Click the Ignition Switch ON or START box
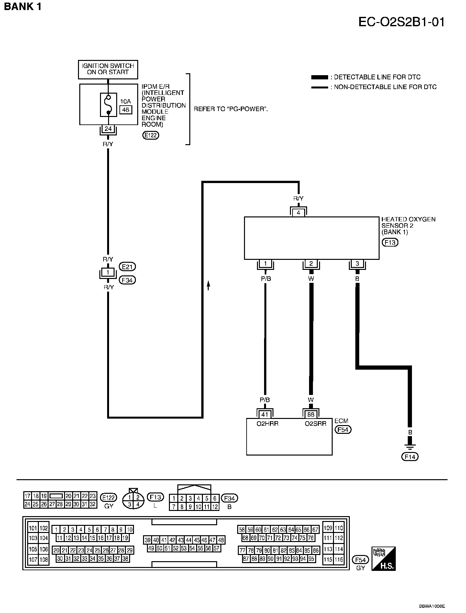click(108, 69)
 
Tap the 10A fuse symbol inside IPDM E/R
click(108, 104)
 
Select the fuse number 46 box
click(126, 110)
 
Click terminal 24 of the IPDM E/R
click(108, 129)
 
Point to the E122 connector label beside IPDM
click(151, 135)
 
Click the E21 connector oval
click(128, 267)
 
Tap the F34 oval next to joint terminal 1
click(128, 280)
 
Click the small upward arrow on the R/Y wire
click(208, 285)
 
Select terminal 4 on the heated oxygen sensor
click(298, 213)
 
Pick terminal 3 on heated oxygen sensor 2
click(357, 264)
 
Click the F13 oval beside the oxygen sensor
click(390, 242)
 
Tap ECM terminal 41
click(265, 414)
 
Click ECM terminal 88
click(311, 414)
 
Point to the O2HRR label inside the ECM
click(267, 423)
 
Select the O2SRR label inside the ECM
click(316, 423)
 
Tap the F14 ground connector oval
click(410, 457)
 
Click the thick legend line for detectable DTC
click(319, 77)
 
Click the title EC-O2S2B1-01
click(402, 22)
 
